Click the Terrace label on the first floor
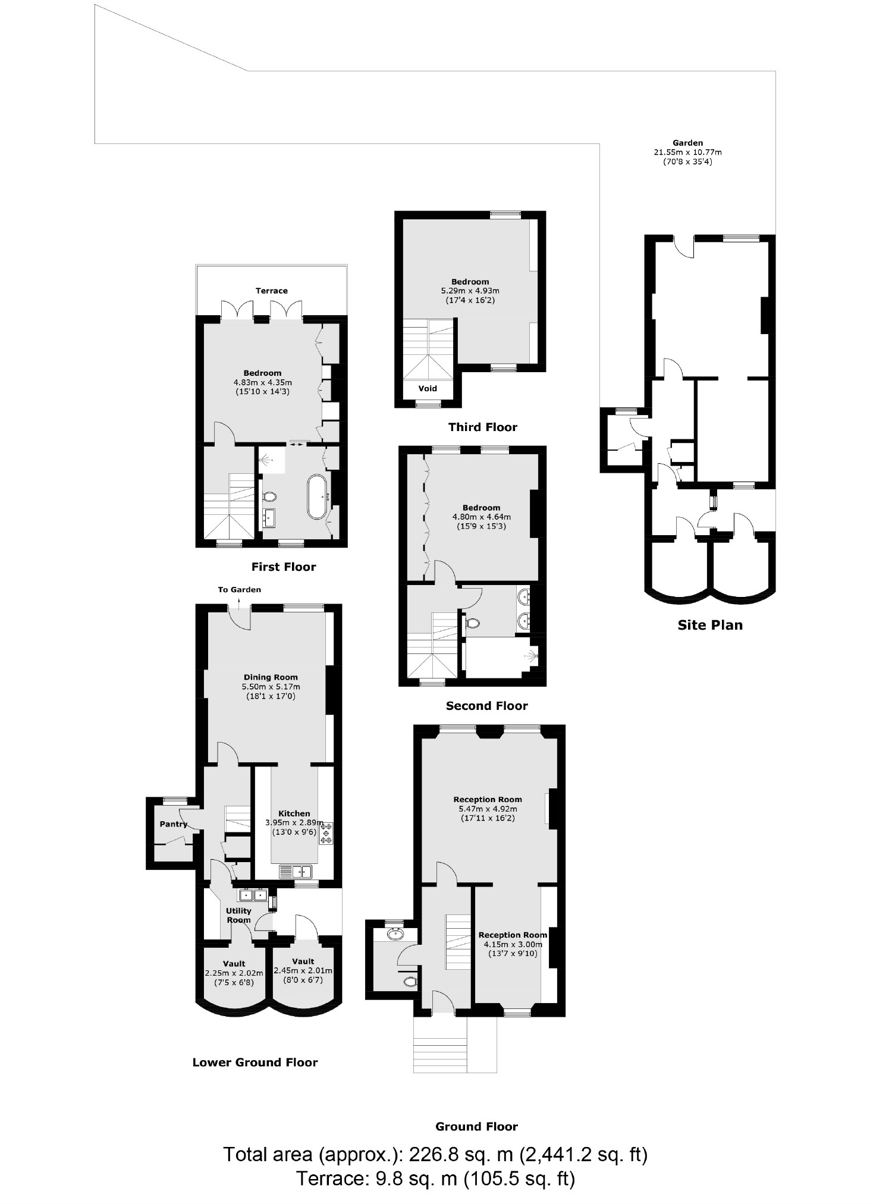[271, 291]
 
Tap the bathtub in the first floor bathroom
[316, 496]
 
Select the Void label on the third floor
[428, 389]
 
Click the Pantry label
[173, 824]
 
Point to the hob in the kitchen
[327, 833]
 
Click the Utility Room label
[238, 915]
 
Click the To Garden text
[239, 590]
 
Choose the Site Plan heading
[710, 625]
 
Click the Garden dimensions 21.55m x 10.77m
[688, 152]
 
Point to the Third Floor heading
[482, 427]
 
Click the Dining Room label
[271, 677]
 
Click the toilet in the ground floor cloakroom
[410, 982]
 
